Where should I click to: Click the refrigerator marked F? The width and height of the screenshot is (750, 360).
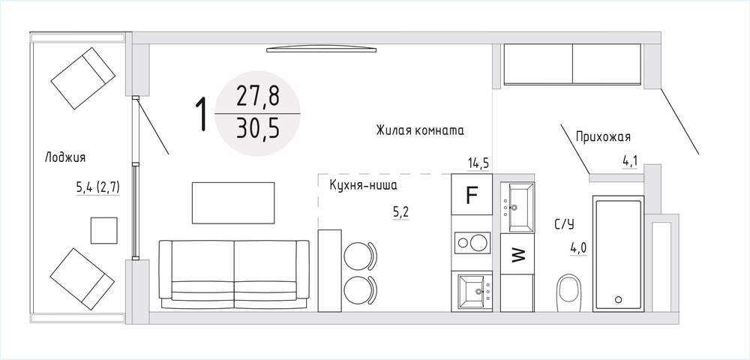point(472,194)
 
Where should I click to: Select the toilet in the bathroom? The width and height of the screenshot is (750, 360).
point(568,292)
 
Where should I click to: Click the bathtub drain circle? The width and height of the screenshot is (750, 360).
point(618,300)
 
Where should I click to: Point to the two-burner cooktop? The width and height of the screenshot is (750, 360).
point(472,242)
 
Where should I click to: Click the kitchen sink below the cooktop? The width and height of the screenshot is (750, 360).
point(475,290)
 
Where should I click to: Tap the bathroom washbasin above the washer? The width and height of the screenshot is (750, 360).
point(517,206)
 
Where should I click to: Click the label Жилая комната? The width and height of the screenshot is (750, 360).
point(420,130)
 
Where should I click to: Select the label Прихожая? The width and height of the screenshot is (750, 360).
point(603,137)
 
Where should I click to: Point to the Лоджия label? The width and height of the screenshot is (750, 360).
point(65,157)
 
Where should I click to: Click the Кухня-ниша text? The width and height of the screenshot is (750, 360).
point(364,185)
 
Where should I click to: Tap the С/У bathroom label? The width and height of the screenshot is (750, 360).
point(565,223)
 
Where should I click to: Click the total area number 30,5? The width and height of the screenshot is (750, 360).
point(257,128)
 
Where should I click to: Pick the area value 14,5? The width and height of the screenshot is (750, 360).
point(478,163)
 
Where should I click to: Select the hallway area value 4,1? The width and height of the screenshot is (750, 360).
point(630,162)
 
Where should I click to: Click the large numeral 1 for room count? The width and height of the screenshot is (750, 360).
point(202,114)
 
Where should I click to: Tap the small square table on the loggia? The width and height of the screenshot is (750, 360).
point(103,230)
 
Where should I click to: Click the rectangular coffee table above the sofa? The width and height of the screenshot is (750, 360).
point(233,202)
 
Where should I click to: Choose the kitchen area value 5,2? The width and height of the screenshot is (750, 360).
point(400,212)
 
